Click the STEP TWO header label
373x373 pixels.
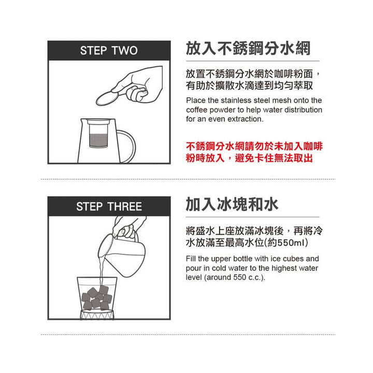109,51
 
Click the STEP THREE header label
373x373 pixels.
109,207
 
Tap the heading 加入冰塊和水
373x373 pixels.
232,204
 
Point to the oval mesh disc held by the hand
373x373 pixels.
108,97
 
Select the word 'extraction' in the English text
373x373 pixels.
246,119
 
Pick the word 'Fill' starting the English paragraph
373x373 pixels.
191,259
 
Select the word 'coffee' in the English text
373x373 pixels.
197,110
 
